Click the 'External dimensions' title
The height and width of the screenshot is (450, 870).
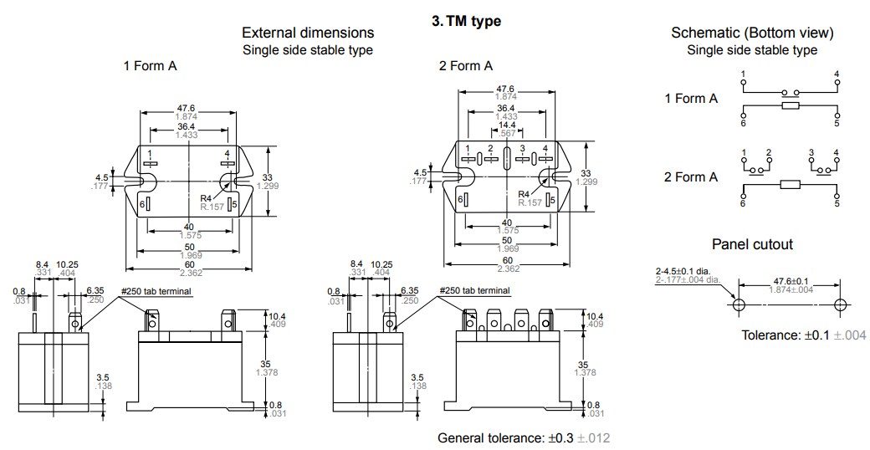pyautogui.click(x=308, y=33)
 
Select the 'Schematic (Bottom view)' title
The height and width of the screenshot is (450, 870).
pyautogui.click(x=752, y=33)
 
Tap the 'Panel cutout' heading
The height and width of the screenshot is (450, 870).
pyautogui.click(x=752, y=244)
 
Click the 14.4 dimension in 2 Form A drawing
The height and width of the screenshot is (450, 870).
pyautogui.click(x=506, y=125)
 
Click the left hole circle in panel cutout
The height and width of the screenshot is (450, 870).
pyautogui.click(x=739, y=304)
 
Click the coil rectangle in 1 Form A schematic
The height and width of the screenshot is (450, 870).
pyautogui.click(x=790, y=106)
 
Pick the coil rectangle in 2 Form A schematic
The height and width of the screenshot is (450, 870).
pyautogui.click(x=790, y=185)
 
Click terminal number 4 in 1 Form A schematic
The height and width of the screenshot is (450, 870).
pyautogui.click(x=837, y=74)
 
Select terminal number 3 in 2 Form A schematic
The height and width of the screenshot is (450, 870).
pyautogui.click(x=811, y=152)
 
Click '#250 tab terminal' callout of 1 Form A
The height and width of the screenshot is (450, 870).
pyautogui.click(x=156, y=291)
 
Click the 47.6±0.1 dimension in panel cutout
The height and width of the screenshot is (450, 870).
pyautogui.click(x=791, y=281)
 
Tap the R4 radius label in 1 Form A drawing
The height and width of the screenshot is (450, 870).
pyautogui.click(x=205, y=197)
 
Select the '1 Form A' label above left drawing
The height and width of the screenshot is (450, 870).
pyautogui.click(x=150, y=66)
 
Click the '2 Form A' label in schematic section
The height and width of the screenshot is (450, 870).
pyautogui.click(x=691, y=176)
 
